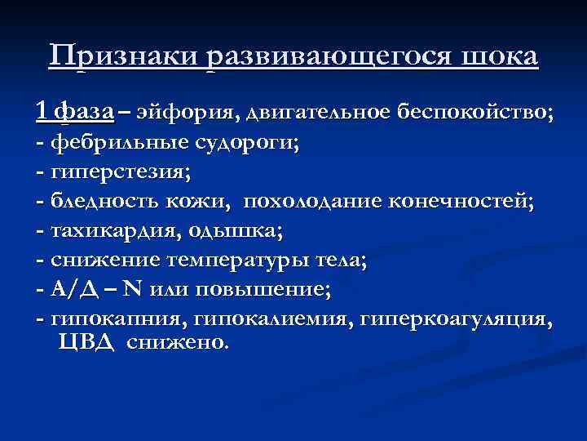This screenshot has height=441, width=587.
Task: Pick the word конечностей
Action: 464,203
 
